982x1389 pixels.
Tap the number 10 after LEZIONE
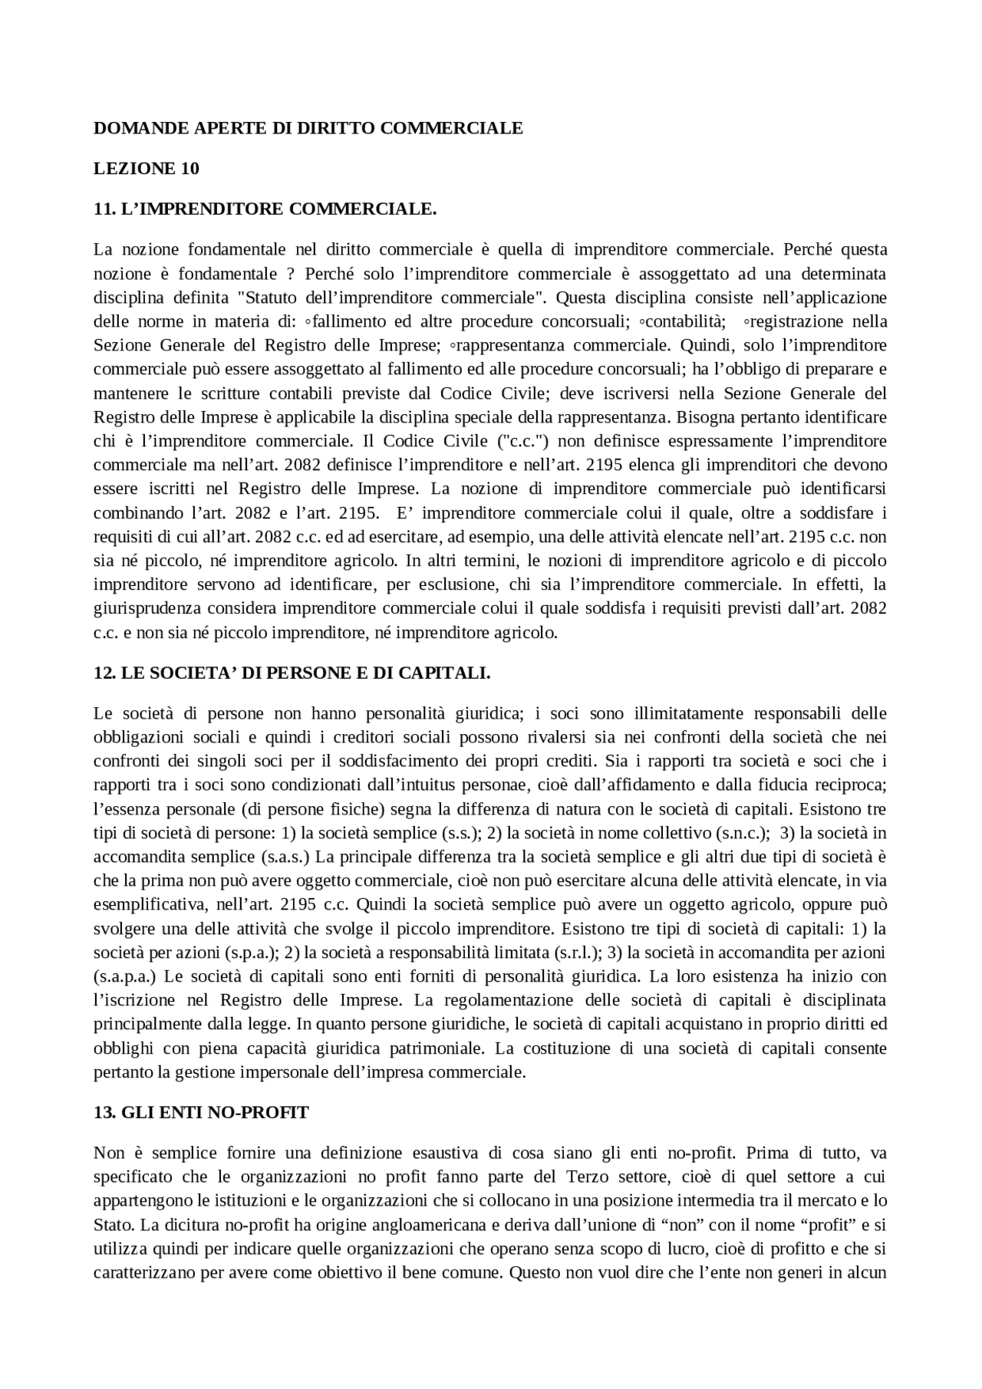tap(189, 169)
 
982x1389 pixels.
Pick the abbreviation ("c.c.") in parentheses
tap(522, 441)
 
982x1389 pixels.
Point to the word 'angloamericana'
tap(355, 1225)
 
